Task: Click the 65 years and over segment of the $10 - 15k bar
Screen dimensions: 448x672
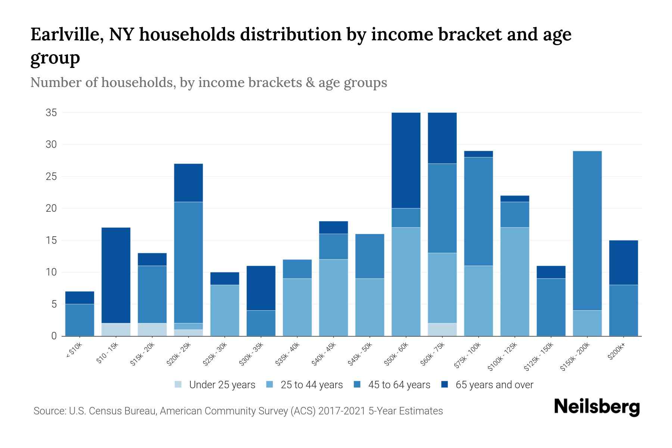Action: click(116, 275)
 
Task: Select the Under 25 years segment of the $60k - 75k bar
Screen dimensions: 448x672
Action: click(442, 329)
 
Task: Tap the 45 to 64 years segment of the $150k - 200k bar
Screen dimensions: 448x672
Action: click(587, 230)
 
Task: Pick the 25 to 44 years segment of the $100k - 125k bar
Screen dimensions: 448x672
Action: click(515, 281)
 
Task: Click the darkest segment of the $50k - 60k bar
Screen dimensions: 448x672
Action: click(406, 160)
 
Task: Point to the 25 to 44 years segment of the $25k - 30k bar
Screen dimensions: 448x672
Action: click(225, 310)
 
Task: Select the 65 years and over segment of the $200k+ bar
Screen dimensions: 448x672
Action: click(623, 262)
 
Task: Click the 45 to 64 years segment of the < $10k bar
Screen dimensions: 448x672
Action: click(80, 320)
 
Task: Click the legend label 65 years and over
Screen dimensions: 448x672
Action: click(494, 385)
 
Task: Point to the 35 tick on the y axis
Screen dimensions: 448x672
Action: click(51, 113)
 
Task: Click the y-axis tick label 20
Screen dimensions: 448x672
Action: click(51, 208)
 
